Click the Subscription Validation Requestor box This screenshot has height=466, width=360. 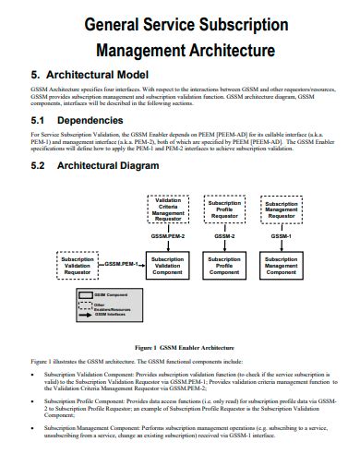coord(78,266)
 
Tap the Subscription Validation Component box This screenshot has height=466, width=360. coord(168,266)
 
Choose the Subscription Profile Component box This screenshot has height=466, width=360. coord(224,266)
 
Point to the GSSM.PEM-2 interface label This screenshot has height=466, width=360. coord(169,237)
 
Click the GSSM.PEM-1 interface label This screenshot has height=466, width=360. coord(121,264)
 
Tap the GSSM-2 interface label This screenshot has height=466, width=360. coord(224,236)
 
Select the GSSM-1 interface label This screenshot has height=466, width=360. coord(281,236)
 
